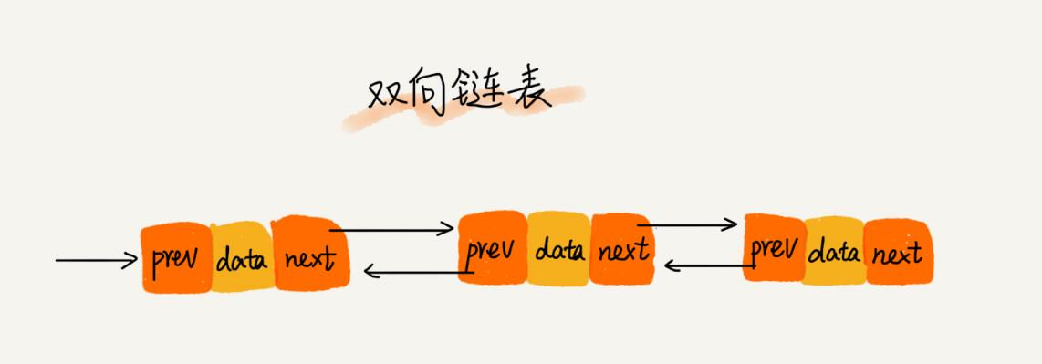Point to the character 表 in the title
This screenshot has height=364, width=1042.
click(528, 93)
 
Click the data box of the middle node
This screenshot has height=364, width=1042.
click(559, 248)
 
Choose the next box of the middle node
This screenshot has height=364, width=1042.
click(622, 248)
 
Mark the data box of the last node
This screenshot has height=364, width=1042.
click(834, 250)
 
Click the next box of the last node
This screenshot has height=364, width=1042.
click(897, 252)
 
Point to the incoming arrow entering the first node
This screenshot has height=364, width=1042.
click(96, 261)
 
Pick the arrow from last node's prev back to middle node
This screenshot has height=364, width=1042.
click(706, 265)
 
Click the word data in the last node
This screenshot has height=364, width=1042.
click(834, 252)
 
